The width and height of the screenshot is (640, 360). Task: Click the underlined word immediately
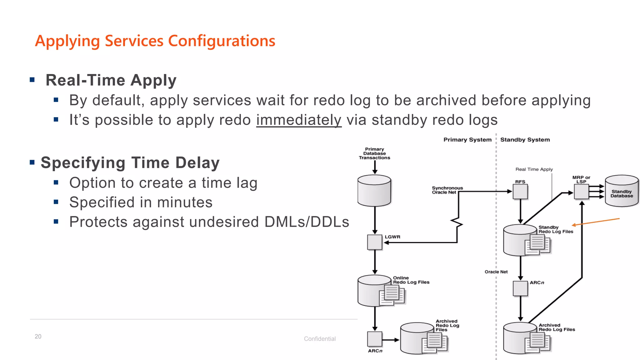coord(299,120)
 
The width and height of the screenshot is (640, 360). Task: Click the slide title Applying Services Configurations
coord(155,41)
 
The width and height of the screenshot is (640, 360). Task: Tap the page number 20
coord(38,337)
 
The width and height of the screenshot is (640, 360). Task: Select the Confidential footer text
coord(320,339)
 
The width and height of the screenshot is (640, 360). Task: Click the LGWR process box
coord(375,242)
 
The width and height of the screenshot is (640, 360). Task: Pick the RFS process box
coord(520,192)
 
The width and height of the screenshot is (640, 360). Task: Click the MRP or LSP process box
coord(581,192)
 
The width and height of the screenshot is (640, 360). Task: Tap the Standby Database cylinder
coord(622,191)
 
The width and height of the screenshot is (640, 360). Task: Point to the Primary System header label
coord(467,140)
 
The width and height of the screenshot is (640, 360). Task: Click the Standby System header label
coord(525,140)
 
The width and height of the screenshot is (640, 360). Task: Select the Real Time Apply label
coord(534,169)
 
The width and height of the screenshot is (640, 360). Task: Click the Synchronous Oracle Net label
coord(447,190)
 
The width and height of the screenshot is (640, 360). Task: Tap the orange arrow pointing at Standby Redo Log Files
coord(595,222)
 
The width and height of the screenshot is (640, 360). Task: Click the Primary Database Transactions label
coord(374,153)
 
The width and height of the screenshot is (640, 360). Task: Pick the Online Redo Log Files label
coord(411,280)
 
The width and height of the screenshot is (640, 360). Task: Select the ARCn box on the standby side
coord(520,288)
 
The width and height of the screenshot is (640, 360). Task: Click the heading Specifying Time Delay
coord(130,163)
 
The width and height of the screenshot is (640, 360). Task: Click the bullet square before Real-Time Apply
coord(32,80)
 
